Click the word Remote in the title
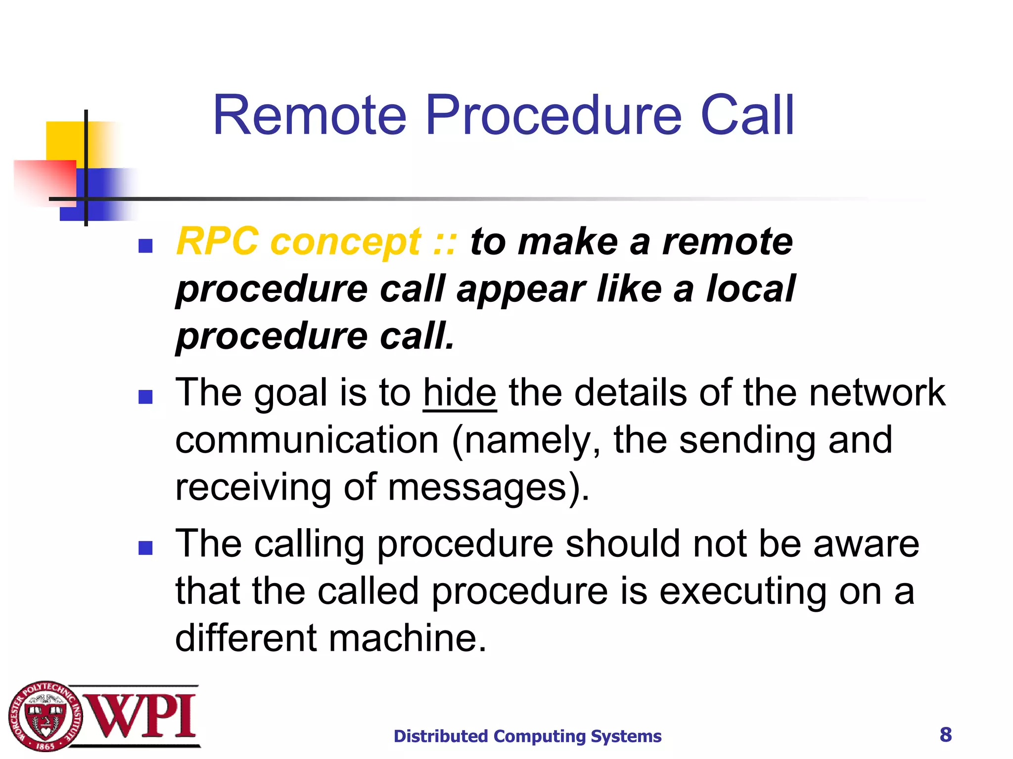[310, 116]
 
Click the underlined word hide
[460, 393]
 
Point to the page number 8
[945, 735]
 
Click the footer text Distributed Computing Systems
[527, 736]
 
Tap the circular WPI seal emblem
[45, 717]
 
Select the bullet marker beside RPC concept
[145, 246]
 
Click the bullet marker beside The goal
[145, 396]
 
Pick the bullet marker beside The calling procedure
[145, 548]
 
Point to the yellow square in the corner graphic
[64, 141]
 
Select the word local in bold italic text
[750, 289]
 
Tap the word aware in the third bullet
[866, 544]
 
